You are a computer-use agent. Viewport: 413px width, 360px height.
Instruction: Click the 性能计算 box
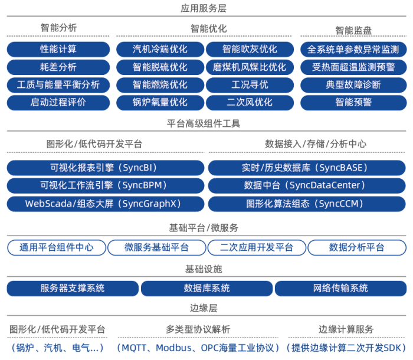click(58, 49)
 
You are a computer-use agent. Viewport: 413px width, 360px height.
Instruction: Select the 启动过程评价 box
click(58, 102)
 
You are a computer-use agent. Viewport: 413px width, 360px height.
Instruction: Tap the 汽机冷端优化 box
click(159, 49)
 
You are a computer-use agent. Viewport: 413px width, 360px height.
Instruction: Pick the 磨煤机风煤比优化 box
click(249, 67)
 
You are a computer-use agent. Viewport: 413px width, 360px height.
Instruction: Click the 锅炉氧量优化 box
click(159, 102)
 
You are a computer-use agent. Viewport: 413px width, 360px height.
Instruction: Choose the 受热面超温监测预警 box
click(353, 67)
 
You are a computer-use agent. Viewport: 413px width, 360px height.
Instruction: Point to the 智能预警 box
click(353, 102)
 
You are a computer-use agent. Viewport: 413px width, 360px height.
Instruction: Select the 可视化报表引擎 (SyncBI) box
click(106, 168)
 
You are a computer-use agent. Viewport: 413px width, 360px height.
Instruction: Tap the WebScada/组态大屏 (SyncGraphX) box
click(106, 204)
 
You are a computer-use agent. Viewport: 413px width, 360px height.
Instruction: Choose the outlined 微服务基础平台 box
click(156, 247)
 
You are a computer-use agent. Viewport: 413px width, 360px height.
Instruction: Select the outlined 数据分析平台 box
click(356, 247)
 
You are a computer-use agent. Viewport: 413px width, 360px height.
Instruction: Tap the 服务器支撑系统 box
click(73, 288)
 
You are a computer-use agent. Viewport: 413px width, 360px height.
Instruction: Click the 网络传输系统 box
click(340, 288)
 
